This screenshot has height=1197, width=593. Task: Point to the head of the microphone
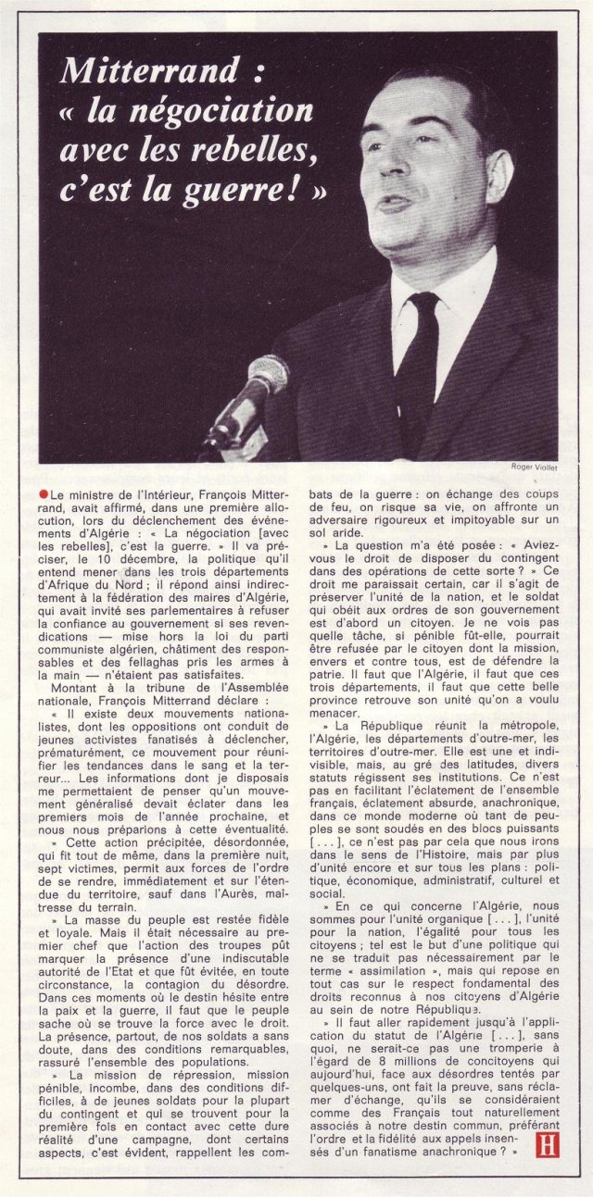pyautogui.click(x=268, y=375)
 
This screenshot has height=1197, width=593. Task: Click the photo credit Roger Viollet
pyautogui.click(x=534, y=468)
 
